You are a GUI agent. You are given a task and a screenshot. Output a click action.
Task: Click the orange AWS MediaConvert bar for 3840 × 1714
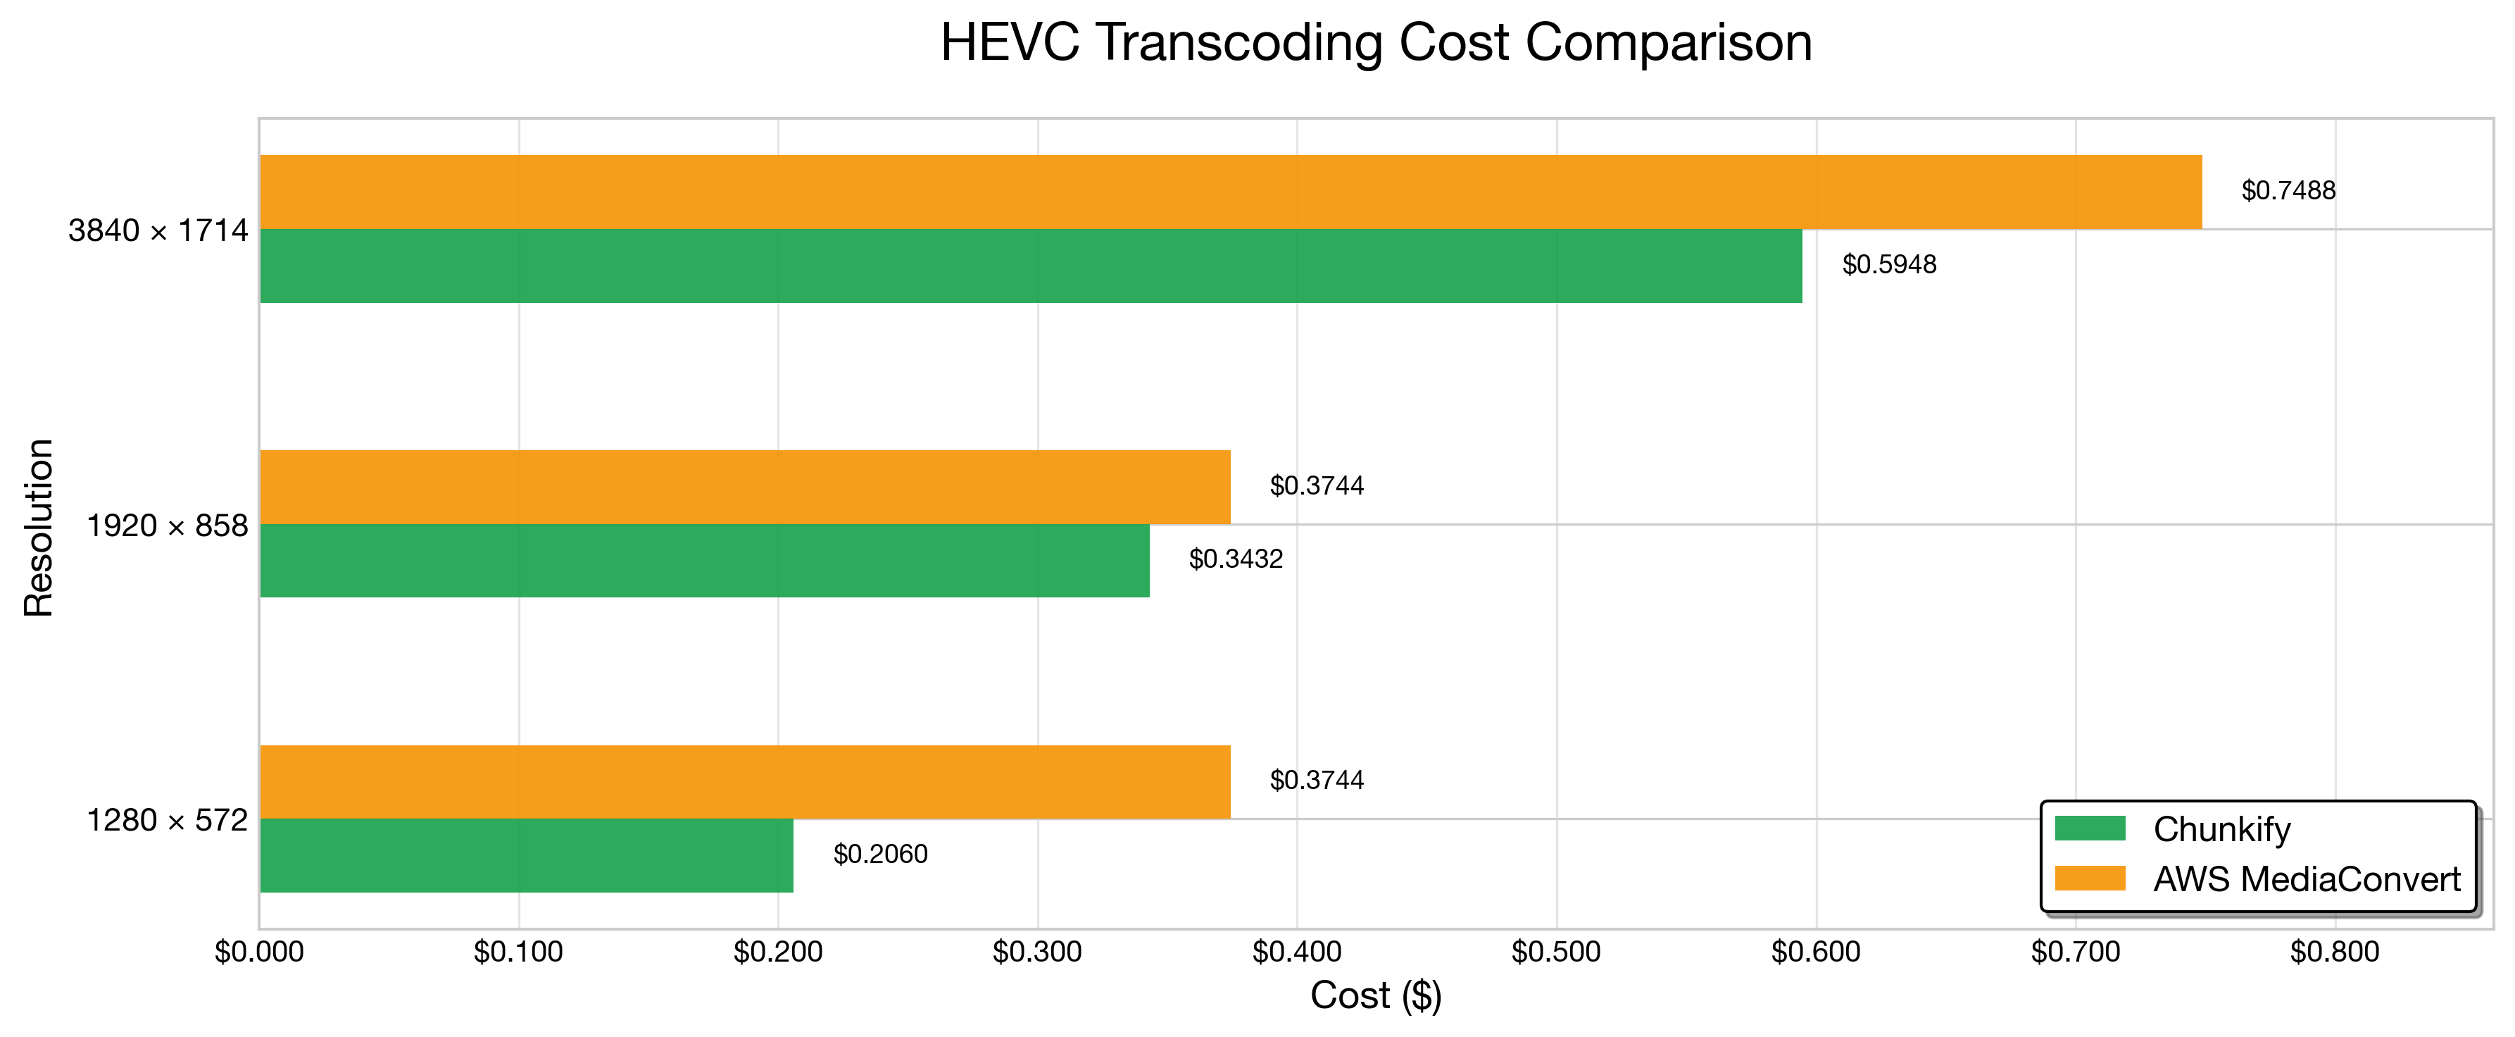(x=1231, y=192)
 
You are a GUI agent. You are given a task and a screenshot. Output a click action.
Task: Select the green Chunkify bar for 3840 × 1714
(x=1031, y=266)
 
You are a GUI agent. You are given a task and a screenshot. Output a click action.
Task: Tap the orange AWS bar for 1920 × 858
(x=745, y=488)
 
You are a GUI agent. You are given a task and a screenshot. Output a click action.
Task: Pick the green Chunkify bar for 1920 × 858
(x=705, y=561)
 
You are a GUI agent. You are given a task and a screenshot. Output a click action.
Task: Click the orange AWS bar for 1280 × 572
(x=745, y=782)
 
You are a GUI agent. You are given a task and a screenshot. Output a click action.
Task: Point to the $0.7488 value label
(x=2288, y=190)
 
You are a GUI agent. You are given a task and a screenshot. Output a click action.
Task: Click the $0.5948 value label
(x=1889, y=265)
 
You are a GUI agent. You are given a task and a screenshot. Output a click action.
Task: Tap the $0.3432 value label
(x=1236, y=559)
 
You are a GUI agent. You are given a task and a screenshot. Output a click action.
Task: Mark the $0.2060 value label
(x=881, y=855)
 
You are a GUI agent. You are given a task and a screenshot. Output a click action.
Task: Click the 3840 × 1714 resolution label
(x=158, y=230)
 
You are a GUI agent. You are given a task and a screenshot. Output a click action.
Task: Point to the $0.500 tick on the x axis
(x=1556, y=952)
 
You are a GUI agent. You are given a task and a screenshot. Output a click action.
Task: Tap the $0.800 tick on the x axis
(x=2334, y=952)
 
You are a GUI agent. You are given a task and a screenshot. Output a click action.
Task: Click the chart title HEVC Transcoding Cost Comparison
(x=1376, y=43)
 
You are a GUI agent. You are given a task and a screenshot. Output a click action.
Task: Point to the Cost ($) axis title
(x=1376, y=996)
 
